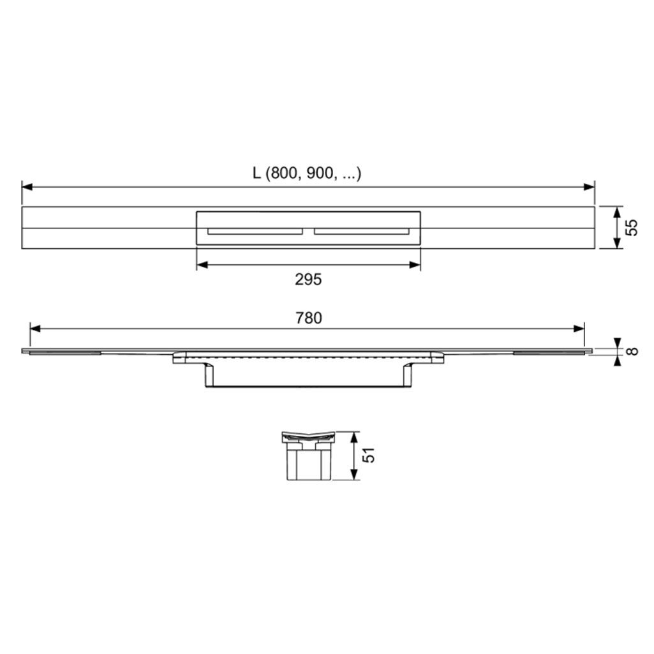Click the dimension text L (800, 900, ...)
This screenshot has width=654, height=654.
307,173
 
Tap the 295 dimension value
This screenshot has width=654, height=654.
308,279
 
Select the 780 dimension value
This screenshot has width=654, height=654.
309,318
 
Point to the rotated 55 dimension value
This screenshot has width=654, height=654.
632,228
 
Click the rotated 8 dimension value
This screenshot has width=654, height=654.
632,351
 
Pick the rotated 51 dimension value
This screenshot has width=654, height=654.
368,455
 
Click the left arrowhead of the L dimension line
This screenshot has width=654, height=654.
27,187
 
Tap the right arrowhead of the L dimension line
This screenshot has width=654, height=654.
590,187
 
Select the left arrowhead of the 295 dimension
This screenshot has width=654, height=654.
202,264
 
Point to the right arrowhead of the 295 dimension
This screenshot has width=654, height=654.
415,264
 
